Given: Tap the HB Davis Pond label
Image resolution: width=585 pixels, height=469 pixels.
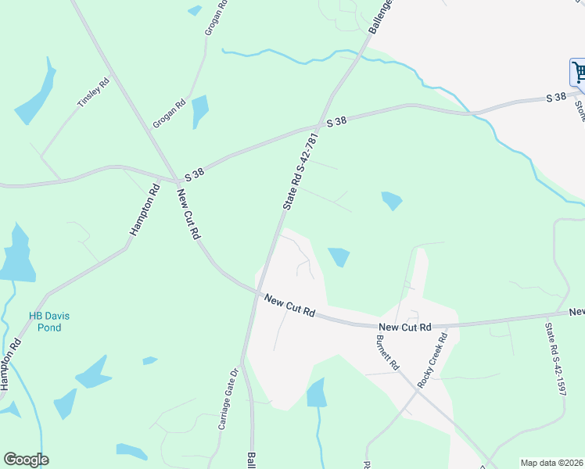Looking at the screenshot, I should [49, 321].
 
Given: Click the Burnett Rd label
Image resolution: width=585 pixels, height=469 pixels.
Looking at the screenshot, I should [387, 353].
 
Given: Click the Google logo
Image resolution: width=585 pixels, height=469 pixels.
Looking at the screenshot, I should [26, 460].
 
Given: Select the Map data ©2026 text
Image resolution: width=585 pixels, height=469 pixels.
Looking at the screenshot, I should [551, 462].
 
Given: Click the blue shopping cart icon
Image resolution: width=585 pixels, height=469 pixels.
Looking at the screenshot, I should [579, 73].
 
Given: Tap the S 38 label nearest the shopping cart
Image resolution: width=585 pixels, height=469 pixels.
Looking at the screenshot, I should [555, 97].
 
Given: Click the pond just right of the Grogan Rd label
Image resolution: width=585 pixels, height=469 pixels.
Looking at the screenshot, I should [201, 110].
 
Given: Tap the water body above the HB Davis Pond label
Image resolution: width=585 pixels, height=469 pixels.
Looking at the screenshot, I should [17, 255].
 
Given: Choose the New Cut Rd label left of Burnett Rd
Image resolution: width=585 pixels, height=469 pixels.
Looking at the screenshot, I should [289, 305].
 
